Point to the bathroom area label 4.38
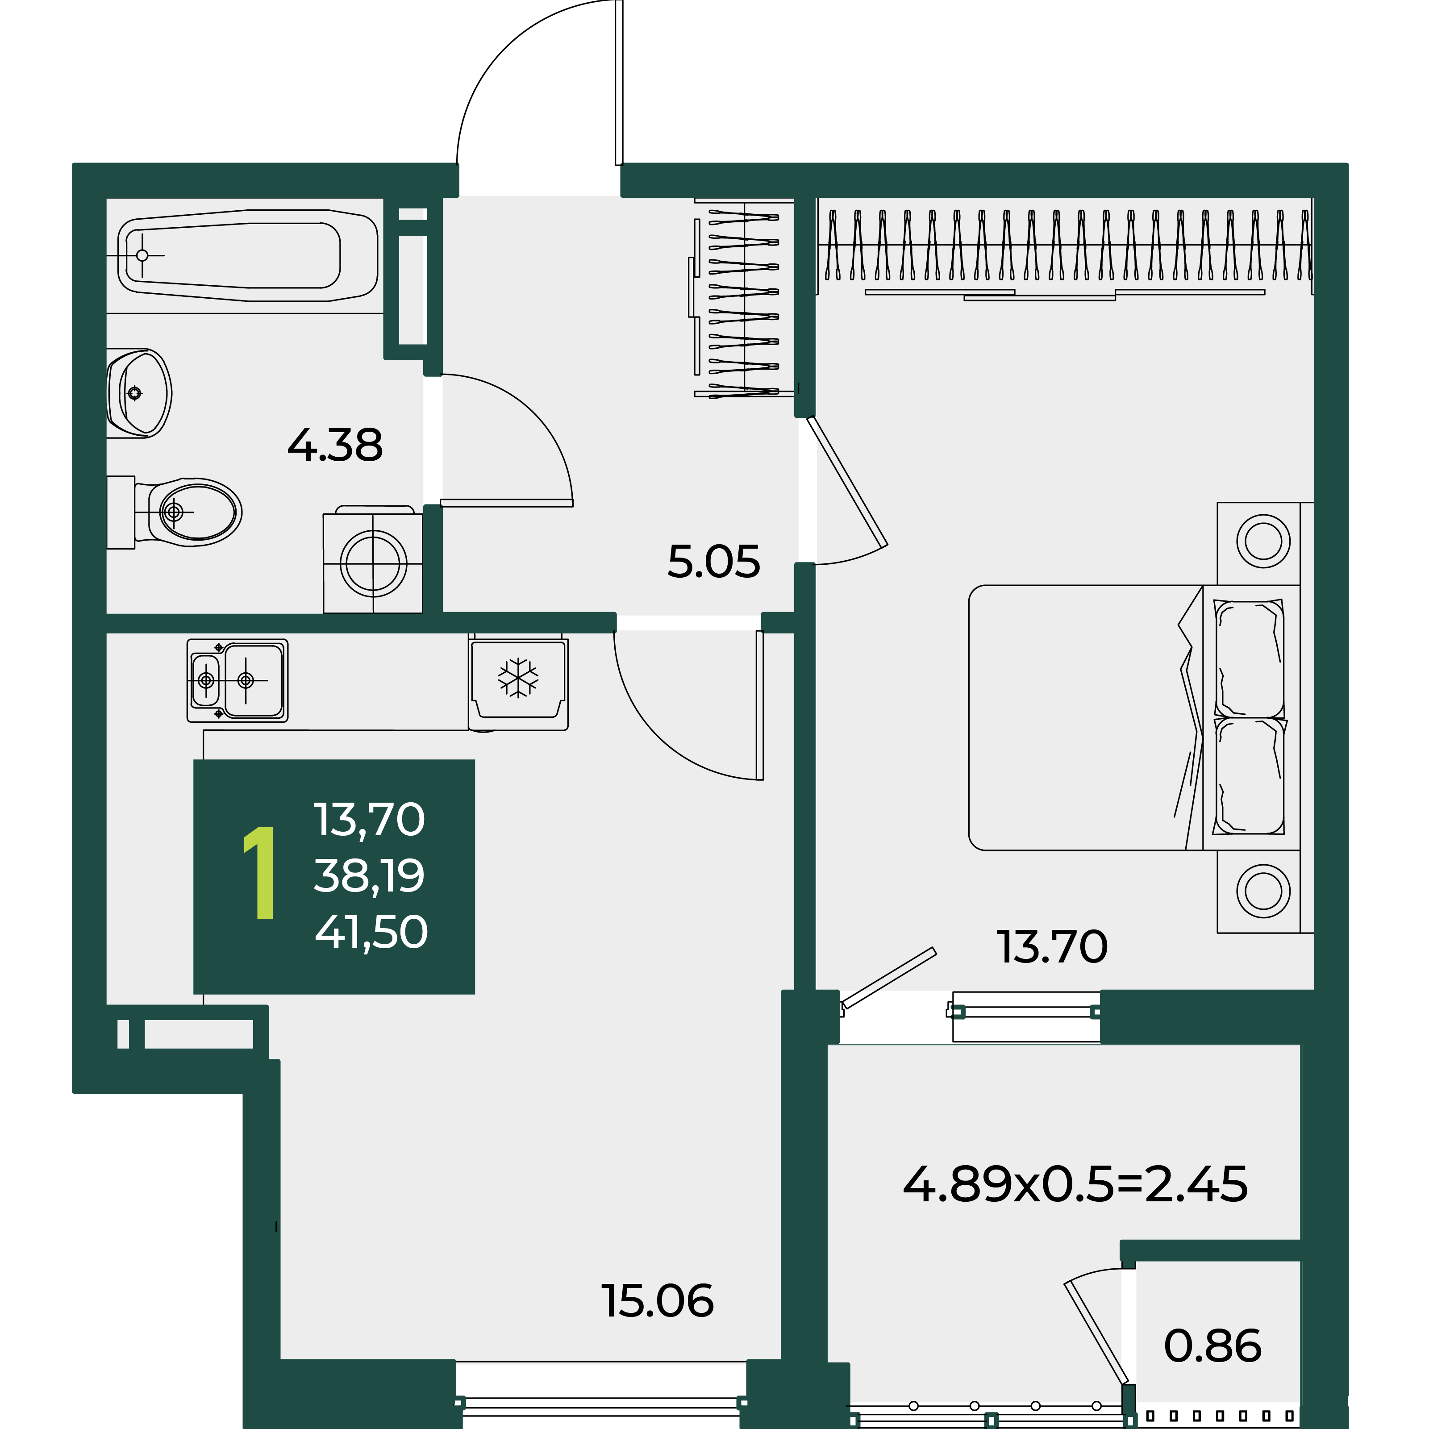335,445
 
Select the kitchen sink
237,680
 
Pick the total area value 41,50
371,932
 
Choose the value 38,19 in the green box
369,876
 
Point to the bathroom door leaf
507,503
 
